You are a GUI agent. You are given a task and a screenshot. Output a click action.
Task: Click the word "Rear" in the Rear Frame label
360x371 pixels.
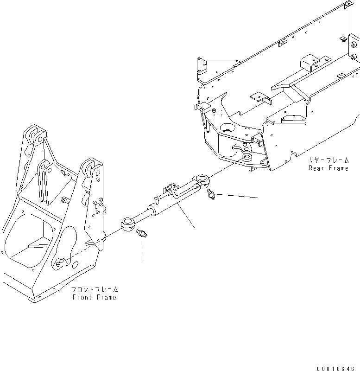point(318,168)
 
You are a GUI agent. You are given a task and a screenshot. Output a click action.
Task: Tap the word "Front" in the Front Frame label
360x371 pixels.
point(82,297)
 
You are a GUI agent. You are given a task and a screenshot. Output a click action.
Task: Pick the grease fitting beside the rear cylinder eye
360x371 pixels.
point(211,195)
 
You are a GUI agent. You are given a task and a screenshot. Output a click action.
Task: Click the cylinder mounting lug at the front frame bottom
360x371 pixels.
point(60,263)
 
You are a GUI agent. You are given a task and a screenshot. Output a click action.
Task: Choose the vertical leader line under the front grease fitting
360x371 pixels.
point(142,250)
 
